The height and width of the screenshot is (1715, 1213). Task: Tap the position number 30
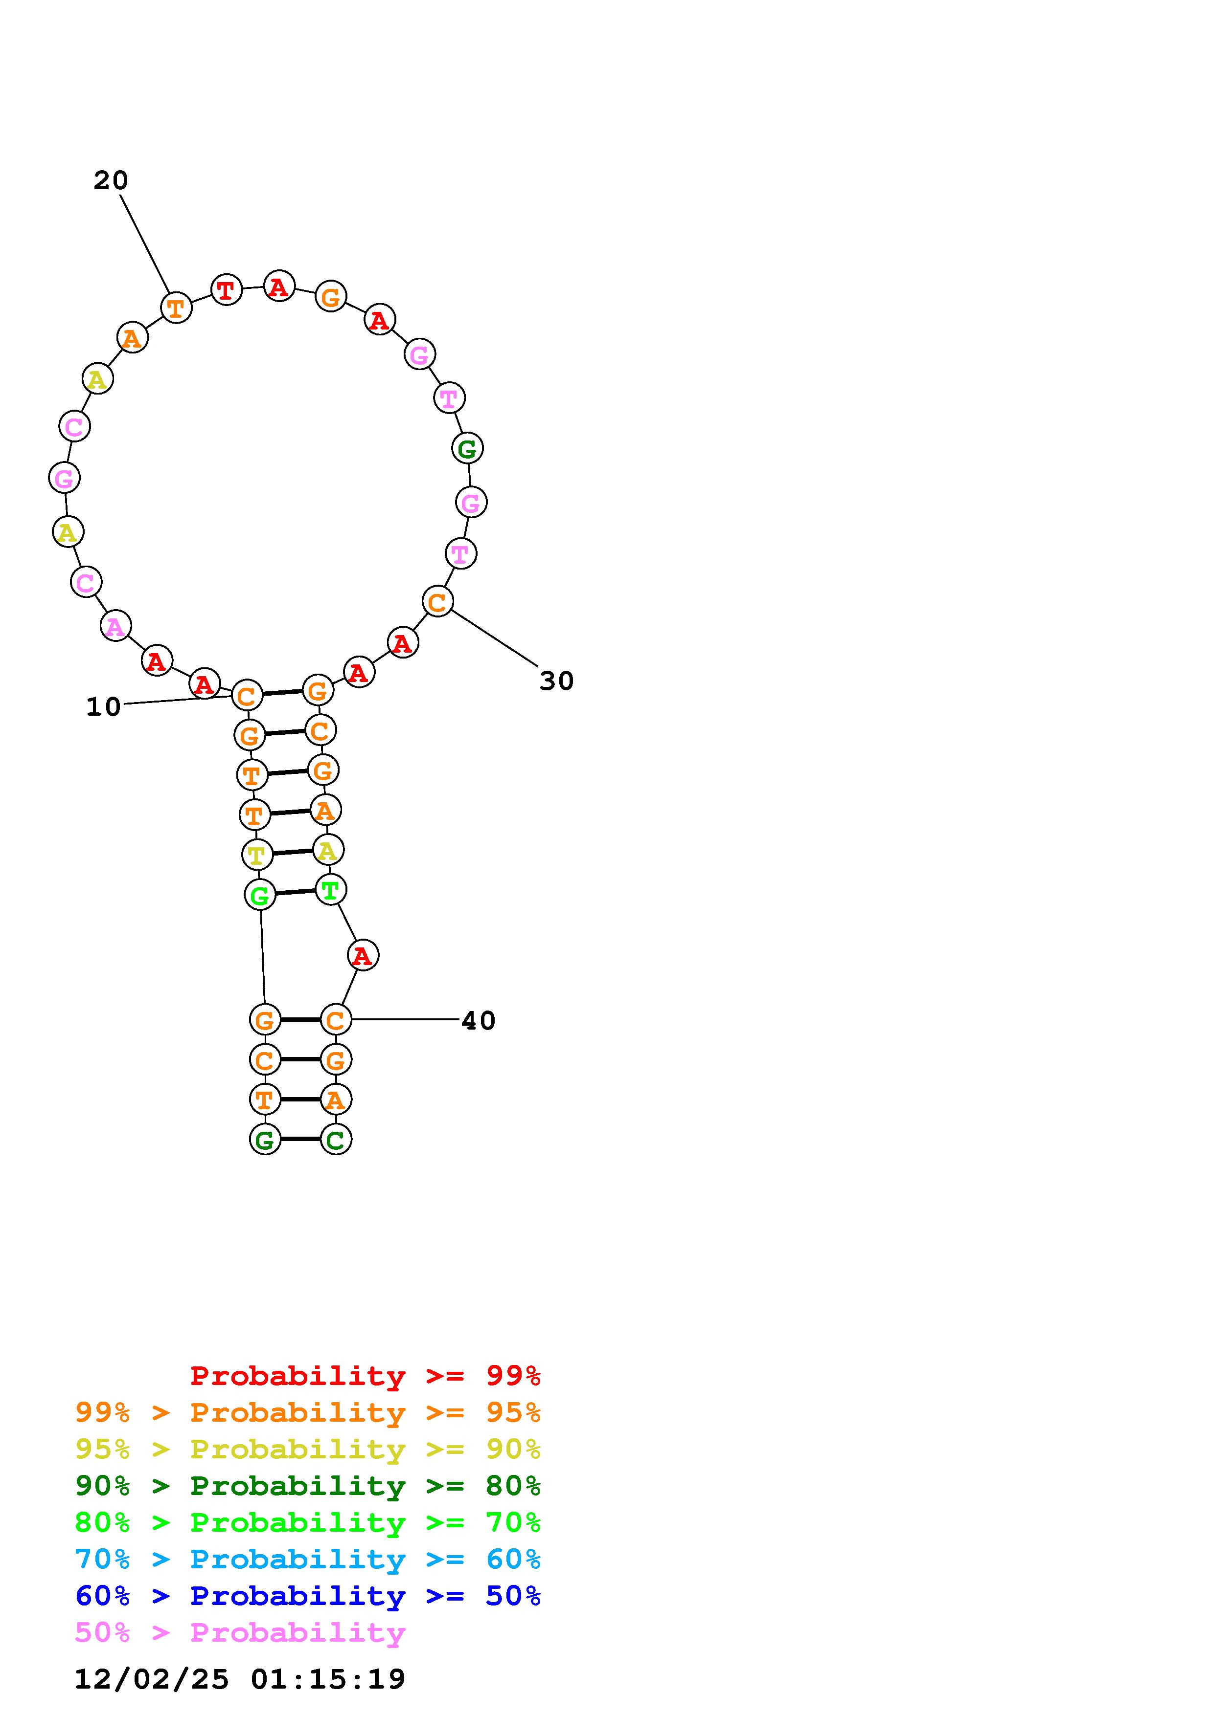[557, 681]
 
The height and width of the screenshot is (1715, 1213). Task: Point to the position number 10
[103, 706]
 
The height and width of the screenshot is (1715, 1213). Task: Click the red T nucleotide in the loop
[227, 290]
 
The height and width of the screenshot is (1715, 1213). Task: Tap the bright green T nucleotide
[330, 890]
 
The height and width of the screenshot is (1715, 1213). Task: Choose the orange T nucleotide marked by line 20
[176, 308]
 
